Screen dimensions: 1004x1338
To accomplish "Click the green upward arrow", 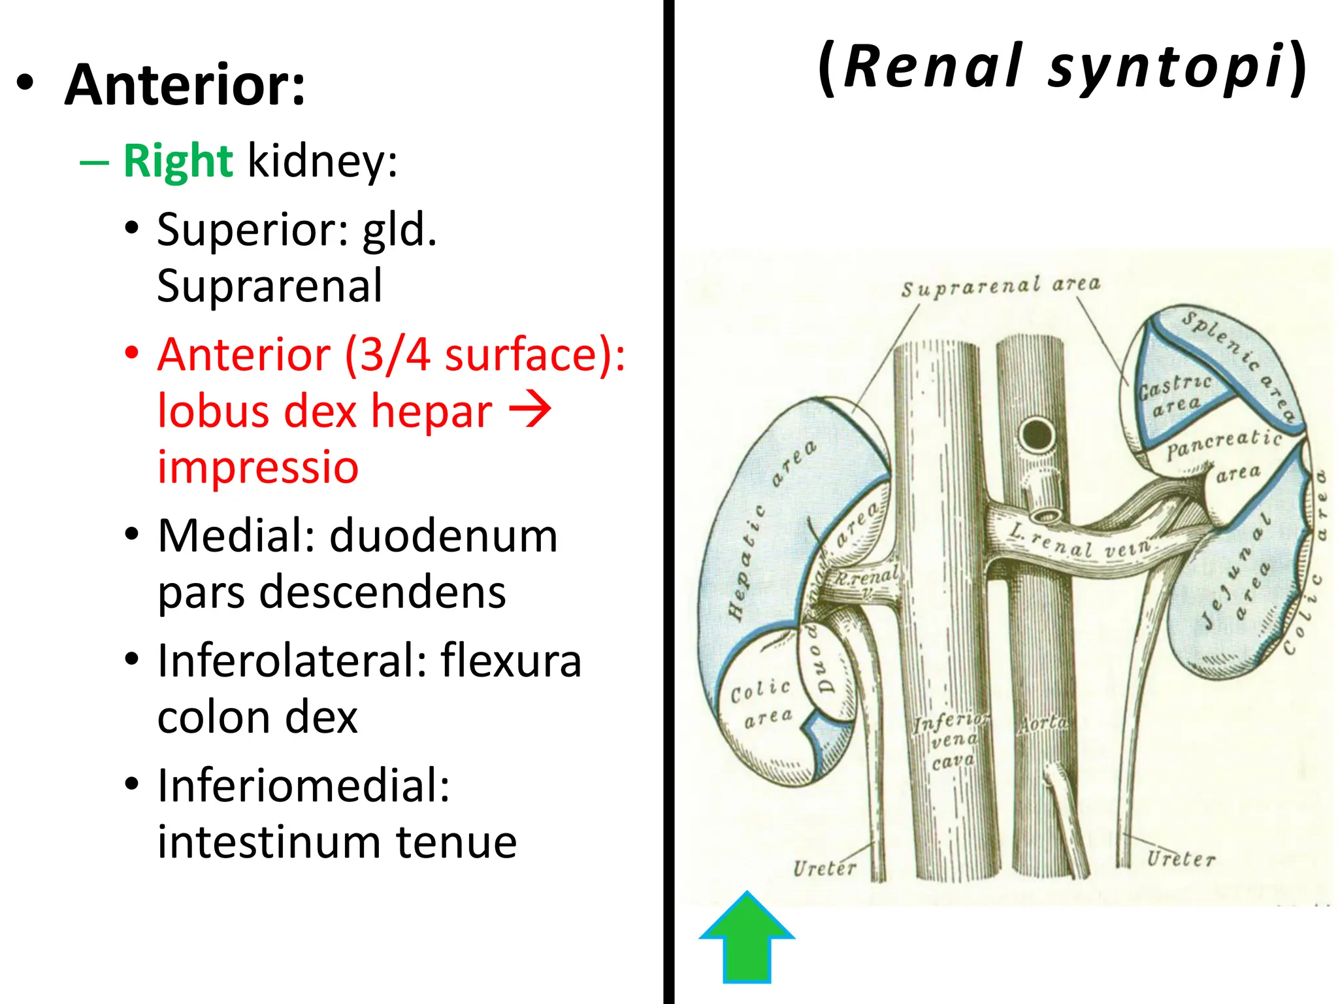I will pos(747,938).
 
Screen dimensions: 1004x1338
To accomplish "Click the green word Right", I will pos(178,161).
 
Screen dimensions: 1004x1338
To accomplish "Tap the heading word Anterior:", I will pos(185,84).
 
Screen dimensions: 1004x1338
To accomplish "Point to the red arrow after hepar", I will pos(530,410).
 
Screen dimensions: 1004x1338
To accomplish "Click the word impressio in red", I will pos(258,467).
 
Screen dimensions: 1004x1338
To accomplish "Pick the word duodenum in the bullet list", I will pos(444,536).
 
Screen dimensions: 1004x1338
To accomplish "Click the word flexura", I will pos(511,661).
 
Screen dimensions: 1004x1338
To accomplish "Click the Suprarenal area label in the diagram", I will pos(1001,286).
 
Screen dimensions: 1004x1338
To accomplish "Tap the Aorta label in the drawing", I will pos(1043,724).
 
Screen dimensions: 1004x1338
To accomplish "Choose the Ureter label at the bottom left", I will pos(824,869).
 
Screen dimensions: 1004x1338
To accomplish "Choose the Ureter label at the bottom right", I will pos(1181,858).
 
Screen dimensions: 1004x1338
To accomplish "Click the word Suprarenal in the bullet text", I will pos(270,286).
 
